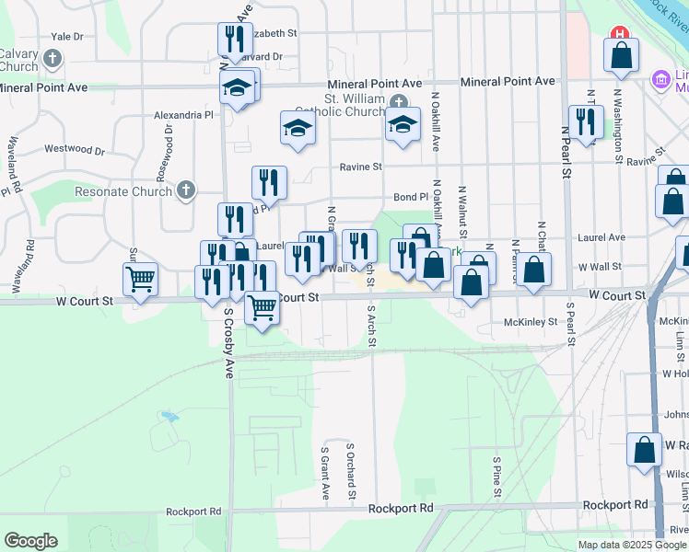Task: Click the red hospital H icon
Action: click(x=621, y=34)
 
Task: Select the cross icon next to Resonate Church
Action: click(x=186, y=190)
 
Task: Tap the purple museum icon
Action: click(x=660, y=80)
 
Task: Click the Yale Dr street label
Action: click(x=67, y=36)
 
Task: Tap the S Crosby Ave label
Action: click(x=229, y=342)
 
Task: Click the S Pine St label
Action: click(x=496, y=476)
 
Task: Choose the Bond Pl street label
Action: click(x=411, y=197)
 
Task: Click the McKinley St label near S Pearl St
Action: click(x=531, y=322)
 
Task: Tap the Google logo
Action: click(x=31, y=541)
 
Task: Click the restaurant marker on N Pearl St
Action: click(x=585, y=122)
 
